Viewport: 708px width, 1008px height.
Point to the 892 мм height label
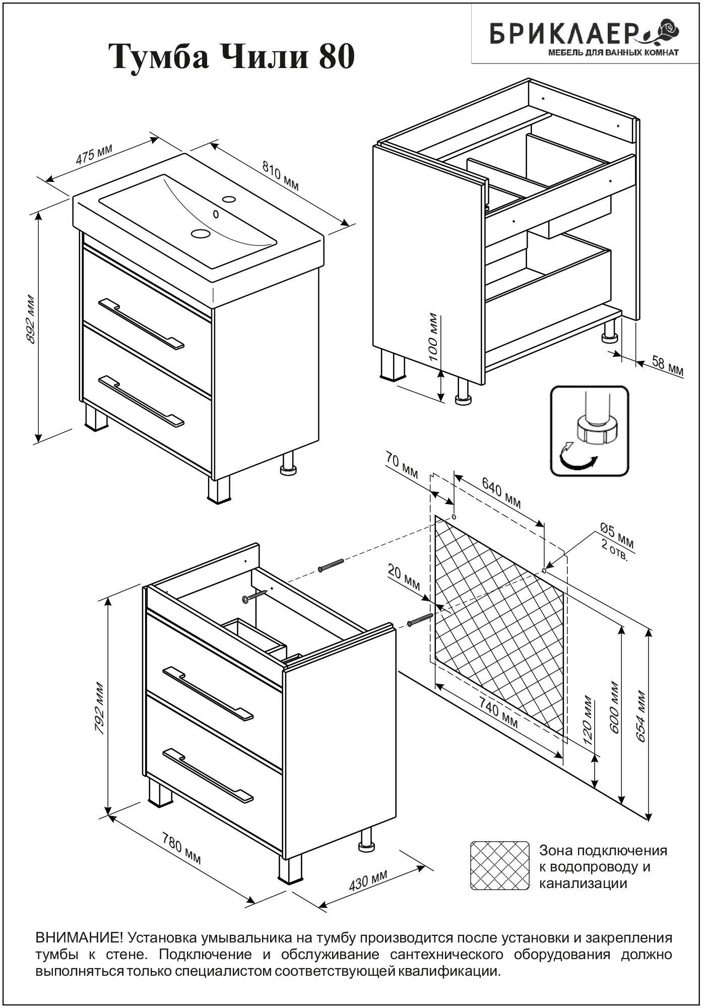(x=31, y=319)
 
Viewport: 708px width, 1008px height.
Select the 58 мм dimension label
(x=667, y=366)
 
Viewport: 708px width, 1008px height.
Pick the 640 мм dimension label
(x=501, y=493)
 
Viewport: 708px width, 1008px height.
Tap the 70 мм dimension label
(x=402, y=466)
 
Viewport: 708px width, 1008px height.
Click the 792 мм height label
(x=100, y=708)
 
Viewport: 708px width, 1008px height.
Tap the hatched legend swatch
(x=499, y=865)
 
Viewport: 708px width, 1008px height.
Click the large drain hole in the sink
(x=200, y=233)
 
